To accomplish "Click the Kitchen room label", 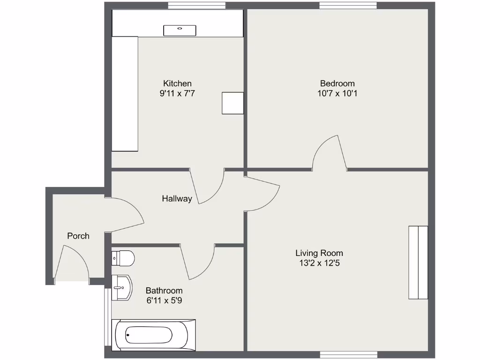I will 177,83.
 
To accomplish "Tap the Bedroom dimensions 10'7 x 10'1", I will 337,93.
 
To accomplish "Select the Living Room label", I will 319,253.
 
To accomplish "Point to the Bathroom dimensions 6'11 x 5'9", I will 164,300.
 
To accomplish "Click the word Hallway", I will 177,199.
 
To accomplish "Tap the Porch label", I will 78,236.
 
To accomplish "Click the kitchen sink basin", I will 180,30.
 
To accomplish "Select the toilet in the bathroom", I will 123,258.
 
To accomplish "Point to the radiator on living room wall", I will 418,262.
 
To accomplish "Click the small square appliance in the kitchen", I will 232,103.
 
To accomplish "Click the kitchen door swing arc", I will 210,187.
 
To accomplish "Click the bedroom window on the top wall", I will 348,5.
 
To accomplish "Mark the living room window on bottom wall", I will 348,354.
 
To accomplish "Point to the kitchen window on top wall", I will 196,5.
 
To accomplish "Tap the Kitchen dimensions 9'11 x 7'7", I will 177,93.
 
